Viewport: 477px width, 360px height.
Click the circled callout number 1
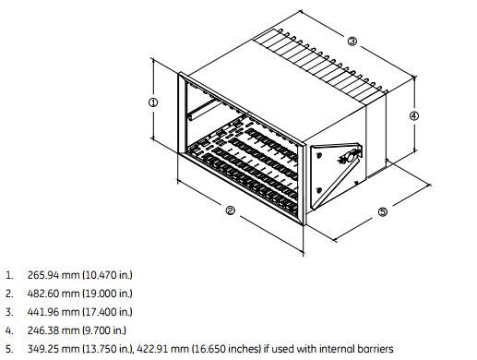pyautogui.click(x=153, y=102)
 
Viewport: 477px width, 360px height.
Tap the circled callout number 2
pyautogui.click(x=231, y=210)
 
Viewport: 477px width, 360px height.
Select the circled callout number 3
pyautogui.click(x=352, y=42)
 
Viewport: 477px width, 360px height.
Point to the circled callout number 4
pyautogui.click(x=414, y=116)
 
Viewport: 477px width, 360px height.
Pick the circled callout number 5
pyautogui.click(x=383, y=211)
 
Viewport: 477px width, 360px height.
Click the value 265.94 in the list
pyautogui.click(x=43, y=275)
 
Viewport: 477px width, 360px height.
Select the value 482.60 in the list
pyautogui.click(x=43, y=294)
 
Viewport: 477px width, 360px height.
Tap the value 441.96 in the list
pyautogui.click(x=43, y=312)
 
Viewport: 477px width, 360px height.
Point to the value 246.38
pyautogui.click(x=43, y=330)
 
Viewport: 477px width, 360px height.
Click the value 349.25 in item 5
pyautogui.click(x=43, y=349)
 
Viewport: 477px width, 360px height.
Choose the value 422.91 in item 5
pyautogui.click(x=152, y=349)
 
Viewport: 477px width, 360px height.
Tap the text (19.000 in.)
pyautogui.click(x=107, y=294)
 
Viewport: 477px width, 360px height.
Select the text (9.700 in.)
pyautogui.click(x=104, y=330)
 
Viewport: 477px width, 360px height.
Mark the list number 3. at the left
pyautogui.click(x=9, y=312)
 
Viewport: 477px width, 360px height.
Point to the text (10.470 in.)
pyautogui.click(x=107, y=275)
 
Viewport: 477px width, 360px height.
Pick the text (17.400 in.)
pyautogui.click(x=107, y=312)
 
